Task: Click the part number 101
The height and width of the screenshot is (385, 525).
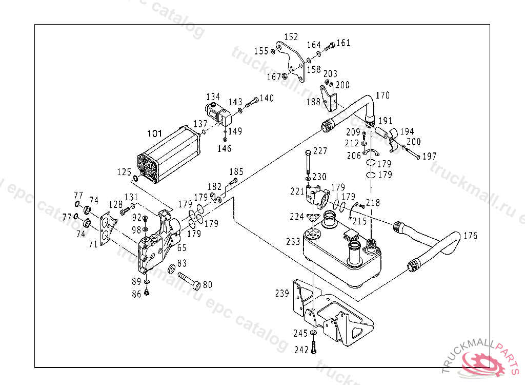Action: pyautogui.click(x=154, y=134)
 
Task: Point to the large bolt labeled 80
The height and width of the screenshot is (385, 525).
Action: pyautogui.click(x=189, y=280)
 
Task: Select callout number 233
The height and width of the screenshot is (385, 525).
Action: pyautogui.click(x=293, y=241)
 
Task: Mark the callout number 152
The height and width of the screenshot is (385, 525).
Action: pyautogui.click(x=291, y=37)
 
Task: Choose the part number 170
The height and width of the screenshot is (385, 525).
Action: pyautogui.click(x=382, y=95)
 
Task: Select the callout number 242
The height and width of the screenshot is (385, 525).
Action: pyautogui.click(x=301, y=350)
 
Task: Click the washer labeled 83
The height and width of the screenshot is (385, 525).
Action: pyautogui.click(x=171, y=269)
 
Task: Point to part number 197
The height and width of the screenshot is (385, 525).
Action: pyautogui.click(x=430, y=156)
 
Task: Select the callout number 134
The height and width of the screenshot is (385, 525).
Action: pyautogui.click(x=213, y=97)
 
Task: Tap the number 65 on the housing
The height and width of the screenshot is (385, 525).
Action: pyautogui.click(x=181, y=247)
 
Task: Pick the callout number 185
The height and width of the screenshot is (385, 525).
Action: pyautogui.click(x=236, y=172)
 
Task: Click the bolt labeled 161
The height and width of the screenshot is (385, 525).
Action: pyautogui.click(x=330, y=46)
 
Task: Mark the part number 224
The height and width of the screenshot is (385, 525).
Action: pyautogui.click(x=297, y=217)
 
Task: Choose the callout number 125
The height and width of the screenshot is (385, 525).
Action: pyautogui.click(x=124, y=172)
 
